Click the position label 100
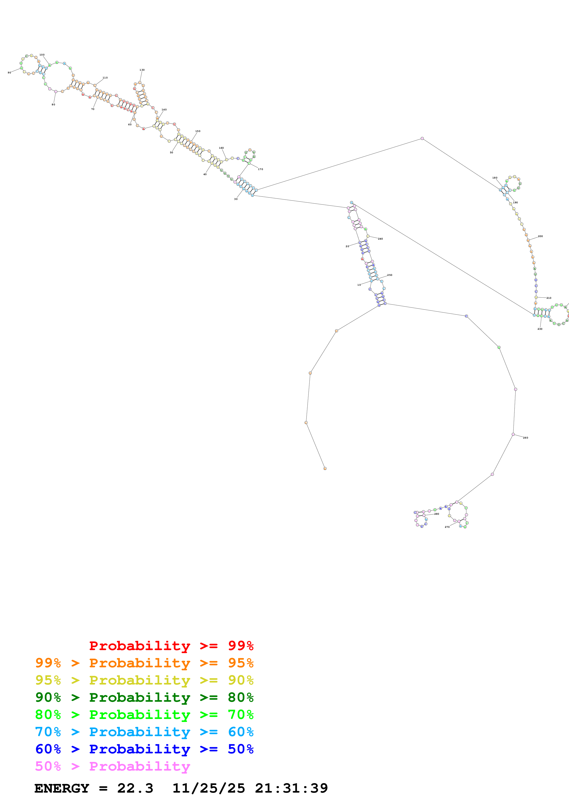coord(42,55)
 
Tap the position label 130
coord(142,70)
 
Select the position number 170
coord(261,169)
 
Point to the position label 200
coord(540,236)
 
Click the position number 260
coord(526,438)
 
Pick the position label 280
coord(437,514)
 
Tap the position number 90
coord(9,73)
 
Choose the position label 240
coord(380,239)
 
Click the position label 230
coord(540,329)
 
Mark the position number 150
coord(198,131)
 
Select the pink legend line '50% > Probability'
coord(112,766)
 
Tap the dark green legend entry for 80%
coord(144,697)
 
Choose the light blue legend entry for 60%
coord(144,732)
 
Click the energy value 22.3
coord(135,788)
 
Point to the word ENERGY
coord(62,788)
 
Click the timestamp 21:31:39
coord(291,788)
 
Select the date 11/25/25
coord(209,788)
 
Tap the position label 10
coord(359,285)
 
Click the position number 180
coord(495,178)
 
